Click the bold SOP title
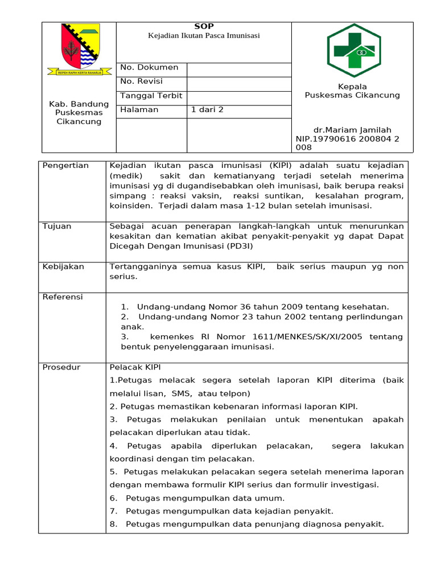click(203, 26)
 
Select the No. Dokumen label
click(149, 67)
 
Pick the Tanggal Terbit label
click(151, 96)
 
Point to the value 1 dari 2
click(207, 110)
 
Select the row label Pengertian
click(65, 166)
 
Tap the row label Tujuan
click(57, 226)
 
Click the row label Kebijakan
click(63, 266)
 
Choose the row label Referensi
click(63, 297)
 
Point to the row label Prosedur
click(61, 367)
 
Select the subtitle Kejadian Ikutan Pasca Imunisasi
click(204, 36)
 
